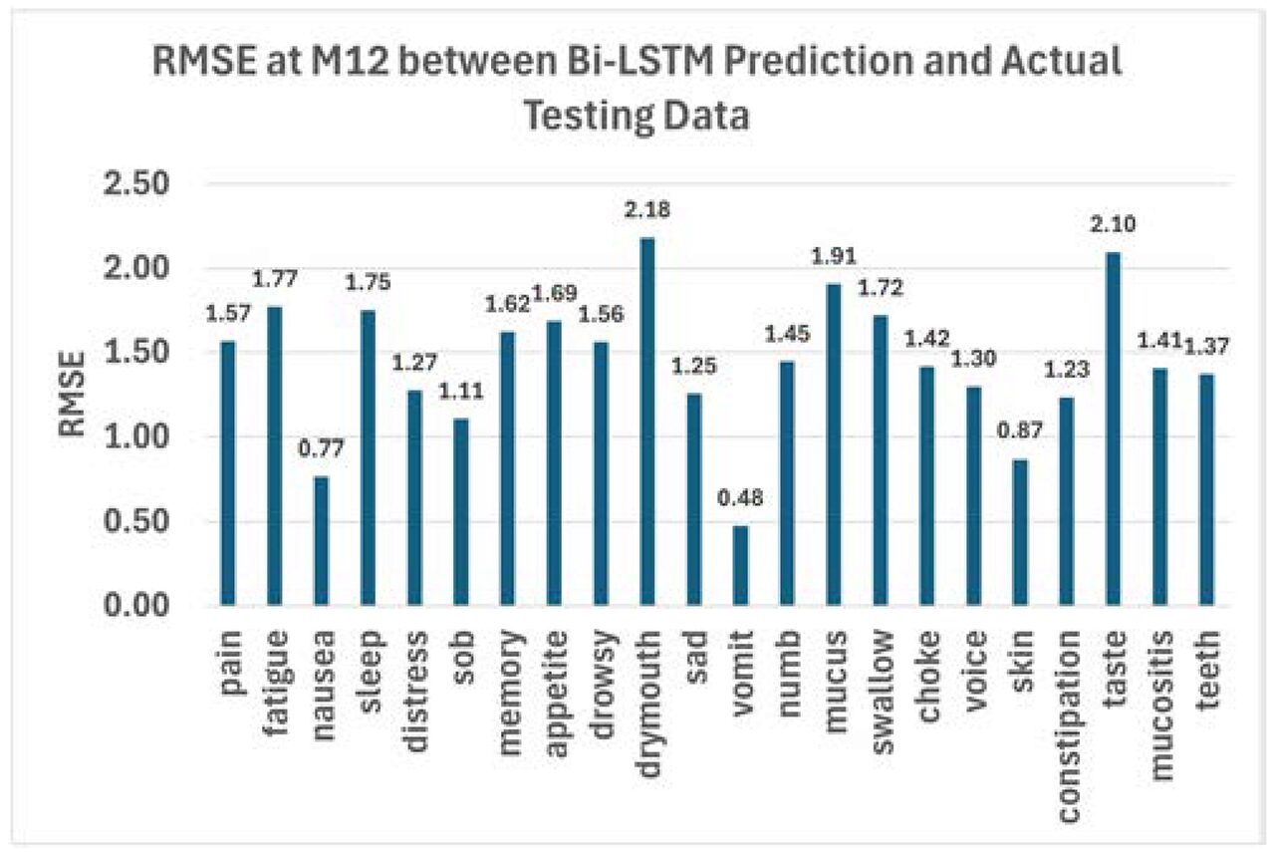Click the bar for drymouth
point(646,422)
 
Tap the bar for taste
point(1112,428)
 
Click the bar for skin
point(1020,532)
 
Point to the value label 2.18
point(646,211)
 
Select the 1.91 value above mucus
point(833,258)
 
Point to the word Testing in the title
point(597,116)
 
